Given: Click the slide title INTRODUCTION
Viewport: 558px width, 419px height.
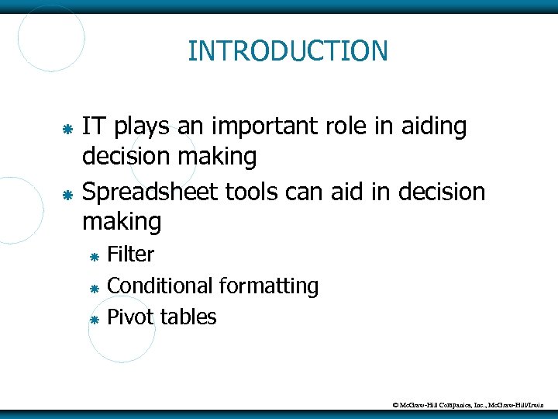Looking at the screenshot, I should point(288,51).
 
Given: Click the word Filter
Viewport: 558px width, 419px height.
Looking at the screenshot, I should point(131,254).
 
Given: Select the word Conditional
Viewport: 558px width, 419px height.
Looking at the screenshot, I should point(160,286).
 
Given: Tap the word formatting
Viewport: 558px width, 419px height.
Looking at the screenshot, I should point(269,286).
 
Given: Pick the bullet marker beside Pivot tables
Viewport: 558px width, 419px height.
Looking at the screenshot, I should point(93,319).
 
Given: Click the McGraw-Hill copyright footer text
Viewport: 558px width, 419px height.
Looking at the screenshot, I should point(472,405).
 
